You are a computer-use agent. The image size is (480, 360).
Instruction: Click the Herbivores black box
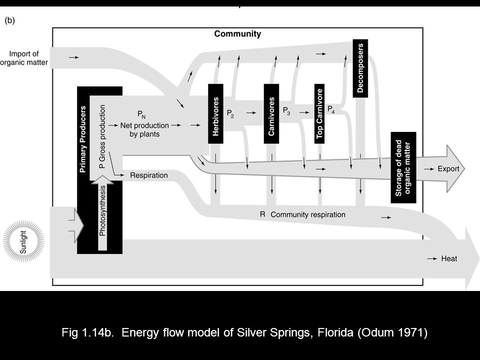click(215, 113)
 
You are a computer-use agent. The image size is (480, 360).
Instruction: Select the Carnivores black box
click(271, 113)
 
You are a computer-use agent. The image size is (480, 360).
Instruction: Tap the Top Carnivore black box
click(320, 113)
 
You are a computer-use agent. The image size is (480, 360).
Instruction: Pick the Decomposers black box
click(360, 68)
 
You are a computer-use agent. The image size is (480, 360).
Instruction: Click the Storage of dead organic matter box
click(403, 167)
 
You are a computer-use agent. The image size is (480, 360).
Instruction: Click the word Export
click(448, 169)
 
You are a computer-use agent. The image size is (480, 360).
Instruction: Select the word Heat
click(449, 258)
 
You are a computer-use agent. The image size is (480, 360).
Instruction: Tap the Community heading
click(237, 34)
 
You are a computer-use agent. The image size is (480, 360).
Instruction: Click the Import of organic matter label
click(24, 58)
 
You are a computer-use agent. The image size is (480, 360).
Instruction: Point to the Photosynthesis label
click(102, 210)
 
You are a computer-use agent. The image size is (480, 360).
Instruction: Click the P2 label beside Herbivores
click(230, 113)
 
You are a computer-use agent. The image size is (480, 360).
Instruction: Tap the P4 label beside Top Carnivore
click(331, 109)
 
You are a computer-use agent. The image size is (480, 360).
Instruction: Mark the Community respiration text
click(307, 214)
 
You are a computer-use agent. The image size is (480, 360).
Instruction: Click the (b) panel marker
click(10, 20)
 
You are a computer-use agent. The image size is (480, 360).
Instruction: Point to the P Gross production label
click(102, 136)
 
